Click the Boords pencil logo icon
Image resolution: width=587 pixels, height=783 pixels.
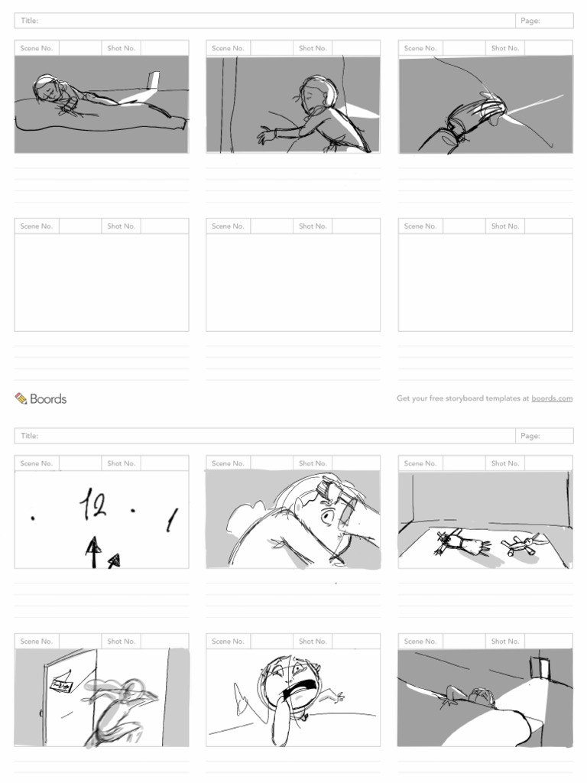pos(21,398)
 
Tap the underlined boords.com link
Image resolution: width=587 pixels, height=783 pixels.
pos(552,398)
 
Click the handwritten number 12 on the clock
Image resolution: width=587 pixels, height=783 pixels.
pos(94,505)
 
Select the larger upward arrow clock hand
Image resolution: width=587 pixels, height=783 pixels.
pos(93,551)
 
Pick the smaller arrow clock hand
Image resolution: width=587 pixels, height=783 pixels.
pos(114,561)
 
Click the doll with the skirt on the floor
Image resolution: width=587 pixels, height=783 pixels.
pos(462,543)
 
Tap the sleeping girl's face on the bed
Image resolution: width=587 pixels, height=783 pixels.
pos(48,90)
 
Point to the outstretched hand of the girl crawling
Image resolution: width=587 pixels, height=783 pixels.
pos(266,136)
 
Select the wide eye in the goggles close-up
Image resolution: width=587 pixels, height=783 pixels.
pos(328,518)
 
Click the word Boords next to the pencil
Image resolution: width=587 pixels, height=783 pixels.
pos(48,398)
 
